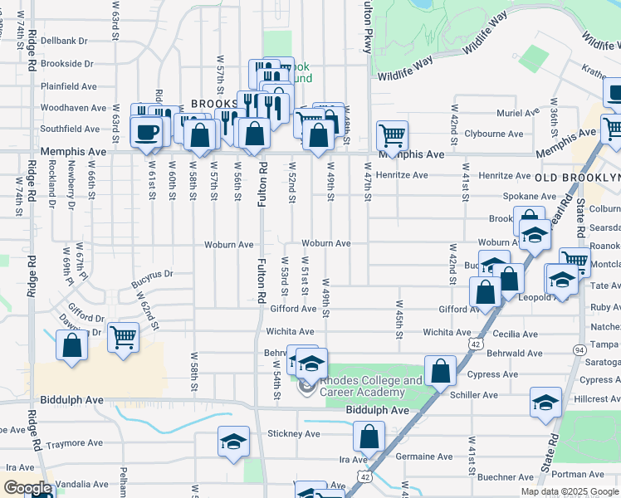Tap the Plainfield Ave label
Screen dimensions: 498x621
coord(70,85)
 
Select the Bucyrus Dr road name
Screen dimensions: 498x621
coord(151,274)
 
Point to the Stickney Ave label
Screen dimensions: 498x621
coord(294,433)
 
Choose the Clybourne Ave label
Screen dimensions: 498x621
coord(494,134)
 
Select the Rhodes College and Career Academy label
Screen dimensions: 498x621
coord(372,387)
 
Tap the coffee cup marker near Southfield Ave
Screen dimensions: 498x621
coord(146,133)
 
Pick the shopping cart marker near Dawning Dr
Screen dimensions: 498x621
coord(123,337)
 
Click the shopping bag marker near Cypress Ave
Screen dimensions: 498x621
coord(440,369)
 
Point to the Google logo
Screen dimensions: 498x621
coord(27,488)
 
